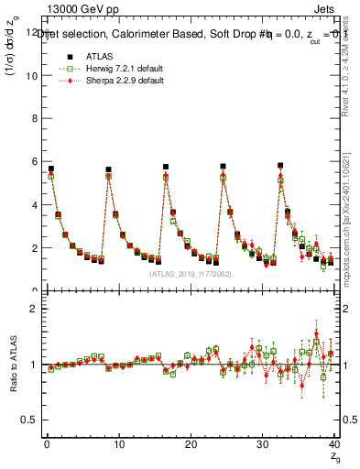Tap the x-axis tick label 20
190,445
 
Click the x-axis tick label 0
46,445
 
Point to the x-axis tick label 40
333,445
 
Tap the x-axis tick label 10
117,445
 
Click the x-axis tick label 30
262,445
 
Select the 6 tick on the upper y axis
35,161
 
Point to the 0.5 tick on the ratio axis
31,420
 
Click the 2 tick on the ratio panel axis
35,309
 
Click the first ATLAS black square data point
50,169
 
